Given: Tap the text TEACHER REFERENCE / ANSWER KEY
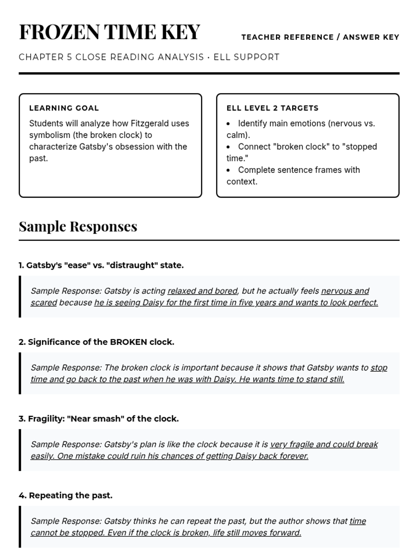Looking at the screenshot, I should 320,37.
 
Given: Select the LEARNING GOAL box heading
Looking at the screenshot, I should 64,108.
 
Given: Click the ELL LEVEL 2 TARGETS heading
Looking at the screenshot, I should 272,108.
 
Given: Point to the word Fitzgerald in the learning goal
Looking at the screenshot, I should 150,123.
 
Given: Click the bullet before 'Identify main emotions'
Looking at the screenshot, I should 228,124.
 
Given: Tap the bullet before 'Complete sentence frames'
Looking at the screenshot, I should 228,170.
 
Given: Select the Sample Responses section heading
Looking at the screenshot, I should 78,226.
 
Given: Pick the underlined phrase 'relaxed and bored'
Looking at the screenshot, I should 202,291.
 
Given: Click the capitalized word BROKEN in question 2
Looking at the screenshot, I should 129,342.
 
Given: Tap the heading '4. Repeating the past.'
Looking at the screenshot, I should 65,496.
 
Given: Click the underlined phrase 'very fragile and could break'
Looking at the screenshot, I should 324,444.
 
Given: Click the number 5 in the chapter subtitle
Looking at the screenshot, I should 69,57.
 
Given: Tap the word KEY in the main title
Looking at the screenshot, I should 180,32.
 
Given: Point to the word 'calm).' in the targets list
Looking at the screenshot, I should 238,135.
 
